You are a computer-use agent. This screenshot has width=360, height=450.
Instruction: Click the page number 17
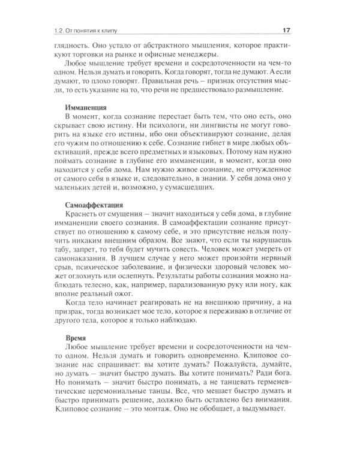pyautogui.click(x=287, y=32)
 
